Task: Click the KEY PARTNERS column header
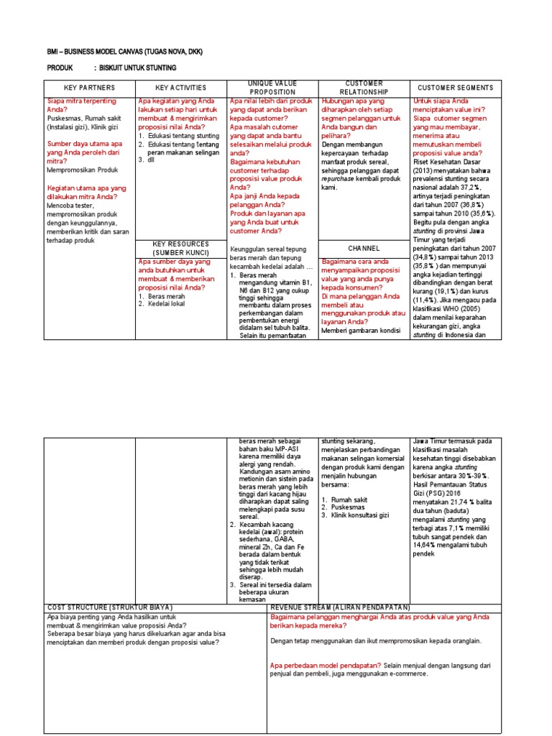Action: click(x=90, y=88)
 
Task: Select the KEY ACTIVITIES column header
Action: click(x=181, y=88)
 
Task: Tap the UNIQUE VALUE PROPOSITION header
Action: click(x=272, y=88)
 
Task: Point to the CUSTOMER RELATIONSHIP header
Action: click(x=364, y=88)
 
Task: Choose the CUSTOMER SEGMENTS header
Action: click(x=456, y=88)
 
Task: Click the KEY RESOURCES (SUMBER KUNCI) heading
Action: click(x=181, y=249)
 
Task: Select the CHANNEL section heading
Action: click(x=364, y=249)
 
